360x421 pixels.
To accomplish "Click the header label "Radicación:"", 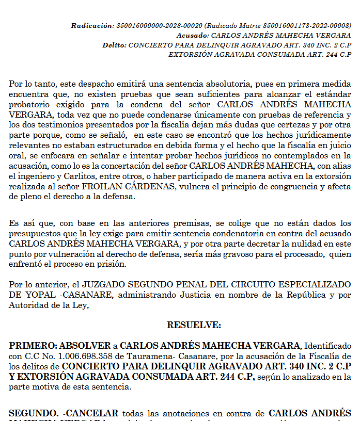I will pos(92,25).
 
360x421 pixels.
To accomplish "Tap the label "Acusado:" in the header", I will pos(192,35).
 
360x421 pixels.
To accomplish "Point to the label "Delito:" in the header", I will pos(114,45).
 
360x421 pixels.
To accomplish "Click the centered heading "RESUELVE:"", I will pos(194,325).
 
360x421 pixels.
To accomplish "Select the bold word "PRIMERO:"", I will pos(33,345).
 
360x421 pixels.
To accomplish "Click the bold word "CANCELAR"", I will pos(92,413).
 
